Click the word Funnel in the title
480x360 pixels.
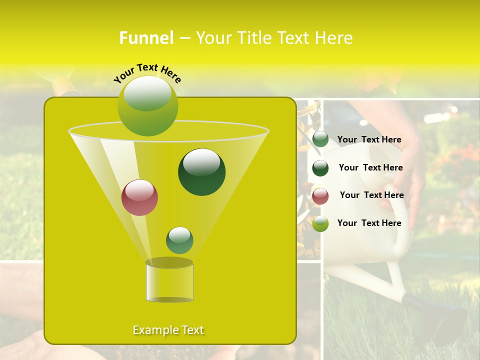[146, 38]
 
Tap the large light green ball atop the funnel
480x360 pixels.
[147, 105]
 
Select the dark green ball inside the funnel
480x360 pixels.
[201, 171]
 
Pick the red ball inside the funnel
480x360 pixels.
[139, 197]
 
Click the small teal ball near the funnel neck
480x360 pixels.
[179, 240]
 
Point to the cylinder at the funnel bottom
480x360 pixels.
[169, 282]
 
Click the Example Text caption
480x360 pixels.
[168, 330]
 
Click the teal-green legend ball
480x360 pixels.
[320, 139]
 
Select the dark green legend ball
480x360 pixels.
[320, 168]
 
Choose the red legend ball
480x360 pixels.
[320, 196]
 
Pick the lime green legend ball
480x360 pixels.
[320, 223]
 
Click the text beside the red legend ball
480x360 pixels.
[371, 195]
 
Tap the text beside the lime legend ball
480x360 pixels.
[369, 223]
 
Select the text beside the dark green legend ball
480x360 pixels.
[370, 167]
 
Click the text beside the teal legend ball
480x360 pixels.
[369, 139]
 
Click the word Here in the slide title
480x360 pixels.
[334, 38]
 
